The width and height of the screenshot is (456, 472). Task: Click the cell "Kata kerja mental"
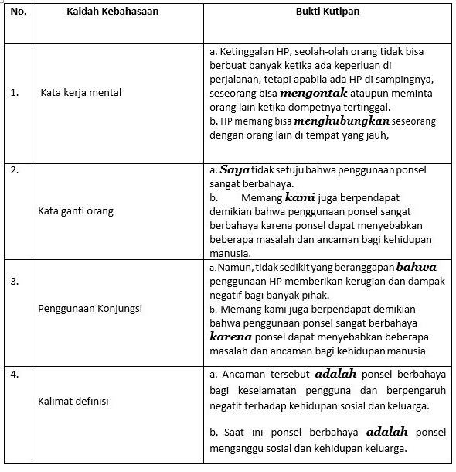pos(81,93)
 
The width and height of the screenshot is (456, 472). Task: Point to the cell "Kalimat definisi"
pos(73,400)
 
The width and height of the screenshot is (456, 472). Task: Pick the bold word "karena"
pos(232,337)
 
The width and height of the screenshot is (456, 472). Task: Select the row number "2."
pos(15,169)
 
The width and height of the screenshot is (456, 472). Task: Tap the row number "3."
pos(15,281)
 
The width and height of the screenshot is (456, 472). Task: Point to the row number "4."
pos(15,375)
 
